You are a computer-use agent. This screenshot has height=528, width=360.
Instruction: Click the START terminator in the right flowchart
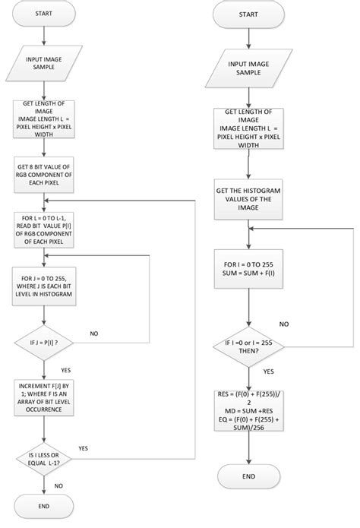(248, 14)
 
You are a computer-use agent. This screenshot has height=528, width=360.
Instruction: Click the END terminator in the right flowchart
(248, 476)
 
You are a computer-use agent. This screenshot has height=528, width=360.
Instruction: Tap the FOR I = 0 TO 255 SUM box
(248, 267)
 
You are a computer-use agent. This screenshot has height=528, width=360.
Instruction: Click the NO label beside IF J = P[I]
(94, 333)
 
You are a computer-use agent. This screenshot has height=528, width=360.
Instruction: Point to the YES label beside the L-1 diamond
(83, 448)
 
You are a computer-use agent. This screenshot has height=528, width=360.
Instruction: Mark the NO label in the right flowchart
(283, 323)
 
